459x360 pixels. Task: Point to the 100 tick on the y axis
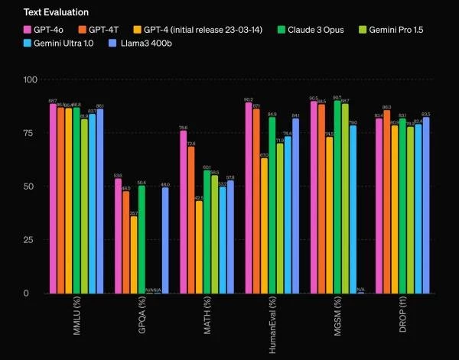(x=30, y=80)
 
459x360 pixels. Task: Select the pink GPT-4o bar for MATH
(x=183, y=212)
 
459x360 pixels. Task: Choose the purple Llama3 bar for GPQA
(x=165, y=240)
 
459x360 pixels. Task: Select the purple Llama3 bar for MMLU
(x=100, y=201)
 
